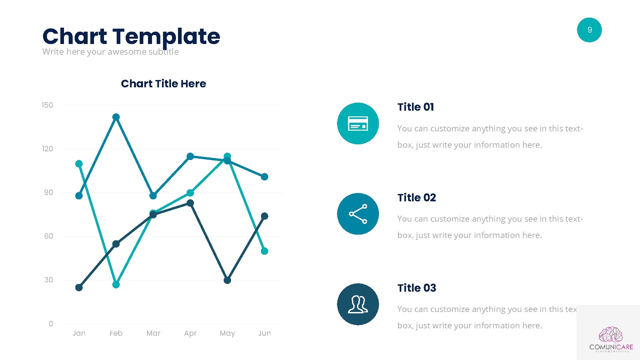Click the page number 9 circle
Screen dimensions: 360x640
tap(589, 30)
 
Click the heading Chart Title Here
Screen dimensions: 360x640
tap(163, 84)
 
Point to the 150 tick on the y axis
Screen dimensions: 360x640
tap(47, 105)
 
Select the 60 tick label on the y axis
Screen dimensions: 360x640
tap(49, 236)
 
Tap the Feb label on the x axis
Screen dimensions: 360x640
tap(116, 333)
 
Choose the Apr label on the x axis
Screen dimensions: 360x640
tap(190, 333)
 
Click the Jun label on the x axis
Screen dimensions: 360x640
tap(264, 333)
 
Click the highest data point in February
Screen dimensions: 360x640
tap(116, 117)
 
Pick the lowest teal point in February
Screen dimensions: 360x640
tap(116, 285)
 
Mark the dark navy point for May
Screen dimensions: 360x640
tap(227, 280)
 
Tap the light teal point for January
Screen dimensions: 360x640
tap(79, 164)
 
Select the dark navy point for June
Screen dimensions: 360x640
tap(264, 216)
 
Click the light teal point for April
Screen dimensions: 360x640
tap(190, 193)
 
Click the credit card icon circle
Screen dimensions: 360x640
tap(358, 123)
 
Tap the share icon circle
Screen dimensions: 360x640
tap(358, 214)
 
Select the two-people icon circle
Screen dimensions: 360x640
tap(358, 304)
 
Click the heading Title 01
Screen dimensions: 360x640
tap(416, 107)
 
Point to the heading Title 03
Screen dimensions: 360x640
tap(417, 288)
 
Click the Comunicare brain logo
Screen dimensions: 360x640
tap(611, 335)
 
